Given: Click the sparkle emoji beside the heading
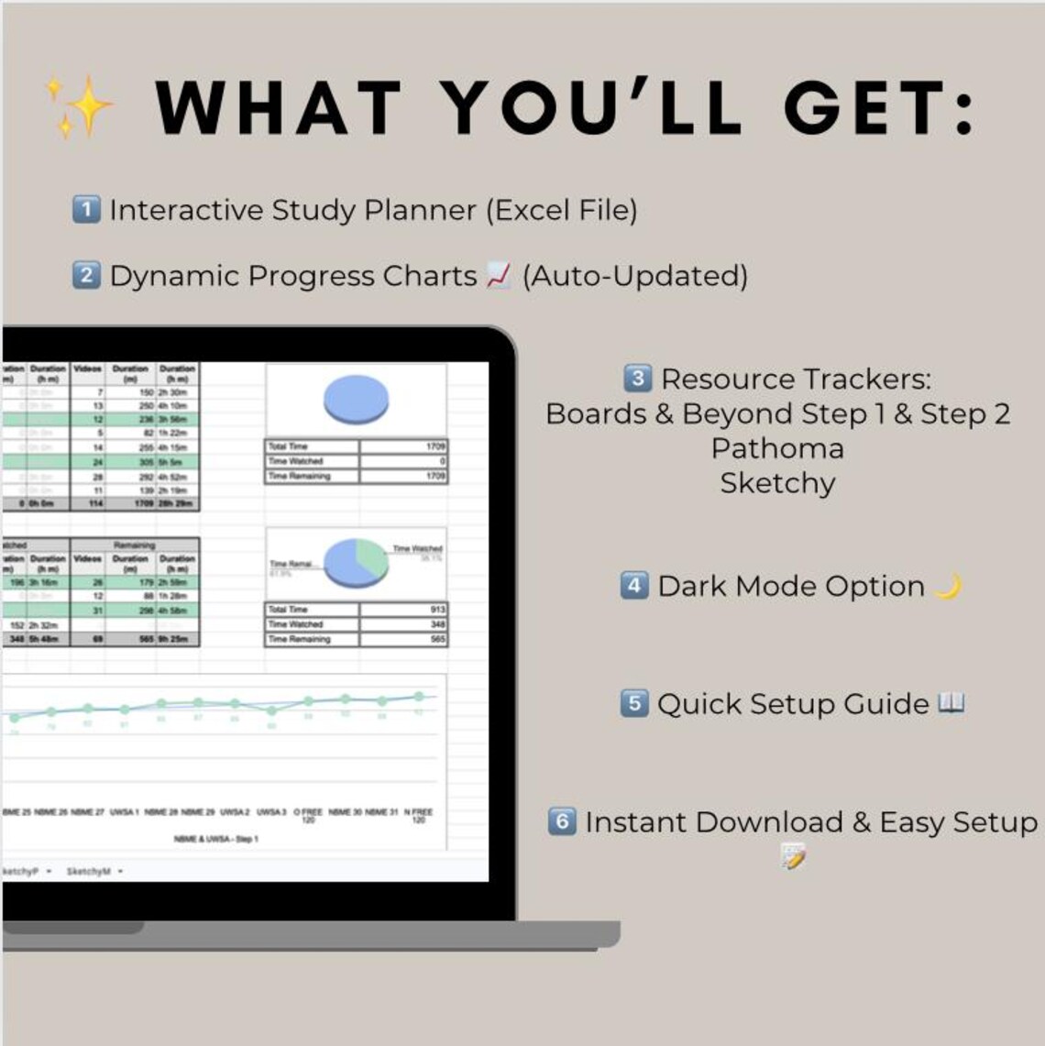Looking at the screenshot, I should (81, 106).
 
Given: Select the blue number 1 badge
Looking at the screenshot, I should (85, 210).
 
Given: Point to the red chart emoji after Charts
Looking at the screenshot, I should (498, 275).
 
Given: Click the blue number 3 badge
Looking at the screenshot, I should (637, 378).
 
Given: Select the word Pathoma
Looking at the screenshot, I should (777, 448).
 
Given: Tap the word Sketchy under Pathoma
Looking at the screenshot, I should (777, 483).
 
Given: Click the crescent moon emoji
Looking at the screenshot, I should (948, 586).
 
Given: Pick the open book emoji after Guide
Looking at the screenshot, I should (951, 703).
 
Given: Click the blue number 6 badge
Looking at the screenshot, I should (562, 820).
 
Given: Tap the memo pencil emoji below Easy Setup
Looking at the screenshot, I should (792, 856).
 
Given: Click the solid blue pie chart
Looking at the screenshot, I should (356, 400).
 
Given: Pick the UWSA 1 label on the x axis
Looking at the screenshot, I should (124, 812).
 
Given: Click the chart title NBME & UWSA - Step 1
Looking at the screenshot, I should (216, 839).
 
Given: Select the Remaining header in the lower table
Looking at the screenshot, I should (134, 545).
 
